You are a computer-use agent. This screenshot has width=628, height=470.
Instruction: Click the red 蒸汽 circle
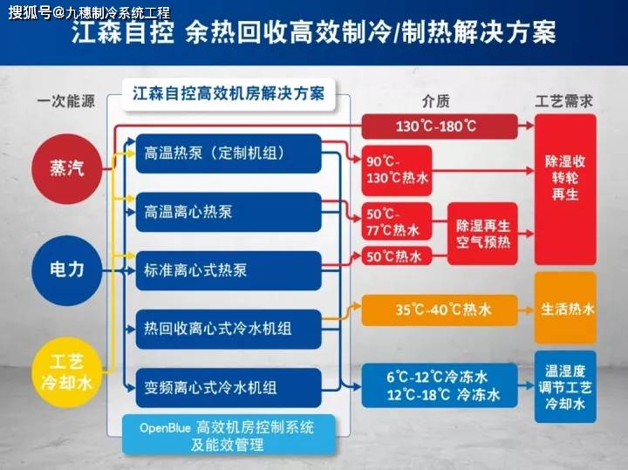point(67,168)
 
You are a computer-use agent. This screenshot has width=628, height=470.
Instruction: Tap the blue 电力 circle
point(67,270)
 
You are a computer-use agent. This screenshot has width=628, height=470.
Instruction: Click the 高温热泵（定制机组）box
point(229,153)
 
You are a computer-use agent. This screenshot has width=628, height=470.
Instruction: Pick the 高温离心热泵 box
point(229,212)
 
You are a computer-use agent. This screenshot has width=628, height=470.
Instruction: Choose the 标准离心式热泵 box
point(229,270)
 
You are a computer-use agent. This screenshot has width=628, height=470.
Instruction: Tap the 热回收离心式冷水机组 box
point(229,329)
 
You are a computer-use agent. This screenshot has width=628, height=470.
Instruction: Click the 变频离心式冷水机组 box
point(229,388)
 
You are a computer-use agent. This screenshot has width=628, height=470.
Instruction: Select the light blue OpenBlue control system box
point(229,435)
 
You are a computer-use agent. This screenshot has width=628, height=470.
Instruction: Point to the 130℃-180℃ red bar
point(440,126)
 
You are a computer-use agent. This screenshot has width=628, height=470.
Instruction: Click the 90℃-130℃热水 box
point(397,171)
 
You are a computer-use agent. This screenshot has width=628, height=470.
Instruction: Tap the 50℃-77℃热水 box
point(397,221)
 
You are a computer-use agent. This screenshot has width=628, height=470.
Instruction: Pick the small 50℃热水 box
point(397,256)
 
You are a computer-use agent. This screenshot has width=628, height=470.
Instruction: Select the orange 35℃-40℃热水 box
point(440,310)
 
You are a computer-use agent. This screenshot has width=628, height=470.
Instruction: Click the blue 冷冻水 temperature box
point(440,385)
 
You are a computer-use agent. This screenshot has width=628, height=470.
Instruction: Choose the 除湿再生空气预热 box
point(482,234)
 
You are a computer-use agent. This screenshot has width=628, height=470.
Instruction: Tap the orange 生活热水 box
point(565,309)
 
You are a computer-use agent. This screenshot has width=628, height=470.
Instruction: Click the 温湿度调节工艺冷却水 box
point(565,387)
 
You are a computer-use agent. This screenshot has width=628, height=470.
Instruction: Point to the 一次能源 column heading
point(66,101)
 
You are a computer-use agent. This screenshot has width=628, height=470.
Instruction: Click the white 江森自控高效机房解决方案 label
point(229,94)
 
